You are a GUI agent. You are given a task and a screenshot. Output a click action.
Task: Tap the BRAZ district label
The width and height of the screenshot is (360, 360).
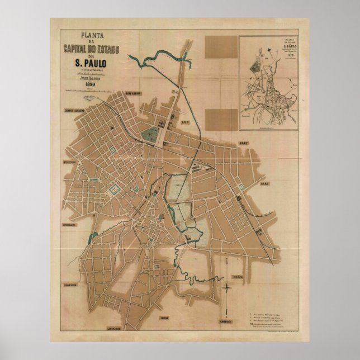(x=264, y=183)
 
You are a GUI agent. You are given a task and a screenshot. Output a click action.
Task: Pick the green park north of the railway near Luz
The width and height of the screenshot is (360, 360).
(x=149, y=134)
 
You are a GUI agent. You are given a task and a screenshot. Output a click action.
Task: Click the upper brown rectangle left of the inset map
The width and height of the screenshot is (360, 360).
(x=221, y=46)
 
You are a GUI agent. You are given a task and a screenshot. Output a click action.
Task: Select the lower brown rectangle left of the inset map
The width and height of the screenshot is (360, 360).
(x=221, y=119)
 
